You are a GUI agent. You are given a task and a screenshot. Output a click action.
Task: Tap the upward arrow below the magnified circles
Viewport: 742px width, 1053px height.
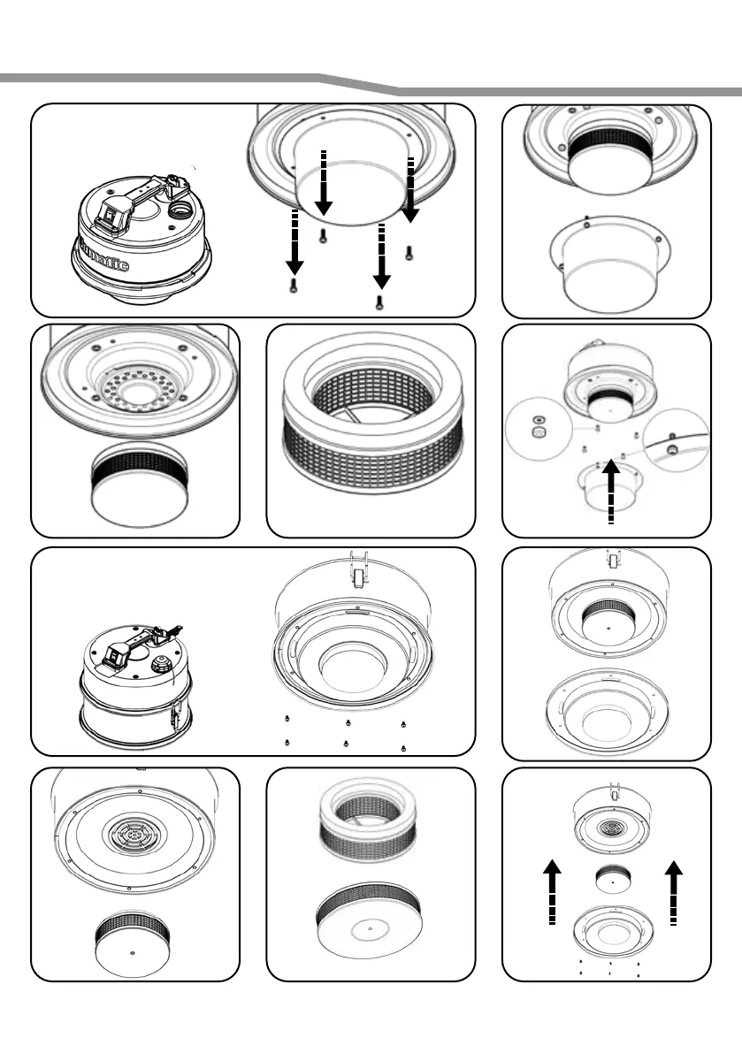(610, 494)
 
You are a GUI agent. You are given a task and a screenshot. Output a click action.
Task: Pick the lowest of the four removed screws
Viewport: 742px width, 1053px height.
(379, 303)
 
